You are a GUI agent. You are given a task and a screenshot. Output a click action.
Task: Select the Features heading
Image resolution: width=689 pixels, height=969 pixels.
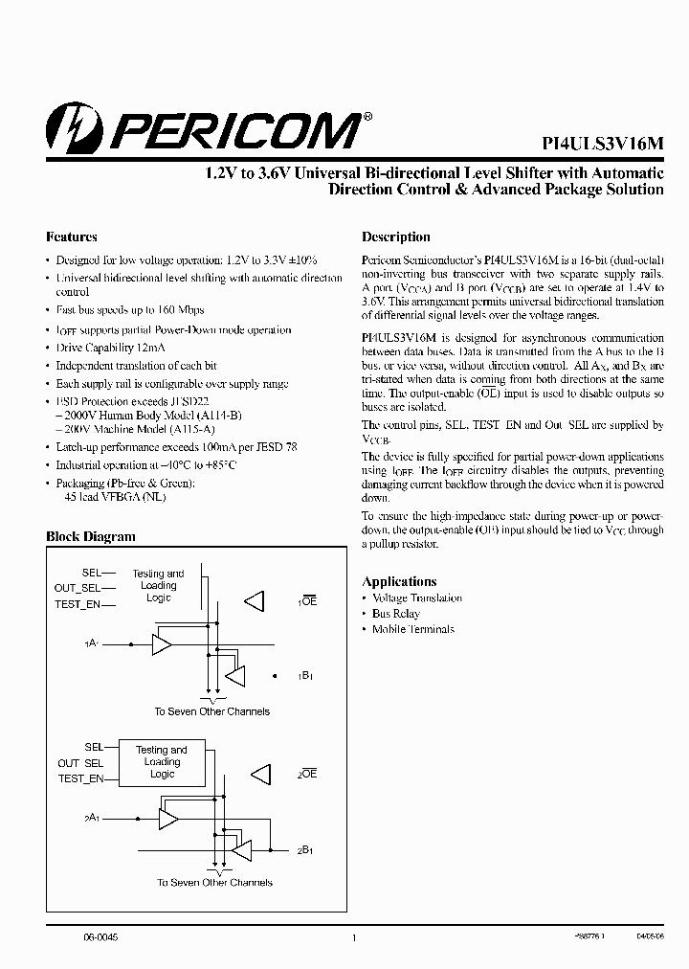pyautogui.click(x=72, y=237)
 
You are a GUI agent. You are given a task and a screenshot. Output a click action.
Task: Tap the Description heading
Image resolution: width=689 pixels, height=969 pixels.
pyautogui.click(x=395, y=237)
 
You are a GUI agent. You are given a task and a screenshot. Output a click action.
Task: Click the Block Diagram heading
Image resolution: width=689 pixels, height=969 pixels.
pyautogui.click(x=91, y=537)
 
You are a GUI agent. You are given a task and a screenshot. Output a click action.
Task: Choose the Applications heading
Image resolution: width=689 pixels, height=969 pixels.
pyautogui.click(x=399, y=581)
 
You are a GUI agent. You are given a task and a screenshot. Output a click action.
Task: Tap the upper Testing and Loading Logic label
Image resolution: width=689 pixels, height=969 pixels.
pyautogui.click(x=159, y=585)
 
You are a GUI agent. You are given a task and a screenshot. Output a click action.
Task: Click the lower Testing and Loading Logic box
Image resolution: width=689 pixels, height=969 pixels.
pyautogui.click(x=161, y=762)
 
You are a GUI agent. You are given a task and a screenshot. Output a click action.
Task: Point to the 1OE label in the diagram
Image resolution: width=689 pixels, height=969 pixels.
pyautogui.click(x=306, y=600)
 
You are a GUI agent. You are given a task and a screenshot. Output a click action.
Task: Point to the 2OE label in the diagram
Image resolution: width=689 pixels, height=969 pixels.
pyautogui.click(x=306, y=774)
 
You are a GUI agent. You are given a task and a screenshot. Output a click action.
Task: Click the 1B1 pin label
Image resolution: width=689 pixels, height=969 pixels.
pyautogui.click(x=306, y=676)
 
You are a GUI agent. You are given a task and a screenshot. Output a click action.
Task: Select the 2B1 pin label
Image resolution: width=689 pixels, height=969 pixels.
pyautogui.click(x=305, y=849)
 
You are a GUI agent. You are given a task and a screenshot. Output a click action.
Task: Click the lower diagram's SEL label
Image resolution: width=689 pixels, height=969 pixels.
pyautogui.click(x=94, y=747)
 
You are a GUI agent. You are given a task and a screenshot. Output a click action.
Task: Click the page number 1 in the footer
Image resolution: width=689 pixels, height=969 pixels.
pyautogui.click(x=354, y=937)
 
